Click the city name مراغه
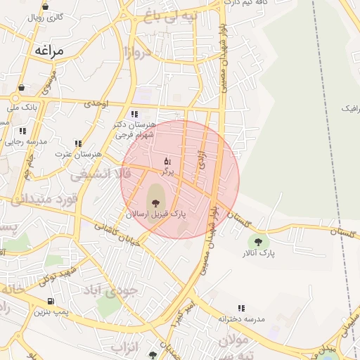click(48, 51)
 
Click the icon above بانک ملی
click(21, 88)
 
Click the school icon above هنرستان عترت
click(78, 143)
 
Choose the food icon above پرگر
click(167, 162)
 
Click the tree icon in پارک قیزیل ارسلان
click(155, 203)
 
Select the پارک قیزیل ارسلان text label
click(156, 214)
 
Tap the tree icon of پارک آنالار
click(258, 241)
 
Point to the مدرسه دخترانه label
click(241, 319)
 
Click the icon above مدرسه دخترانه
click(241, 308)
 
